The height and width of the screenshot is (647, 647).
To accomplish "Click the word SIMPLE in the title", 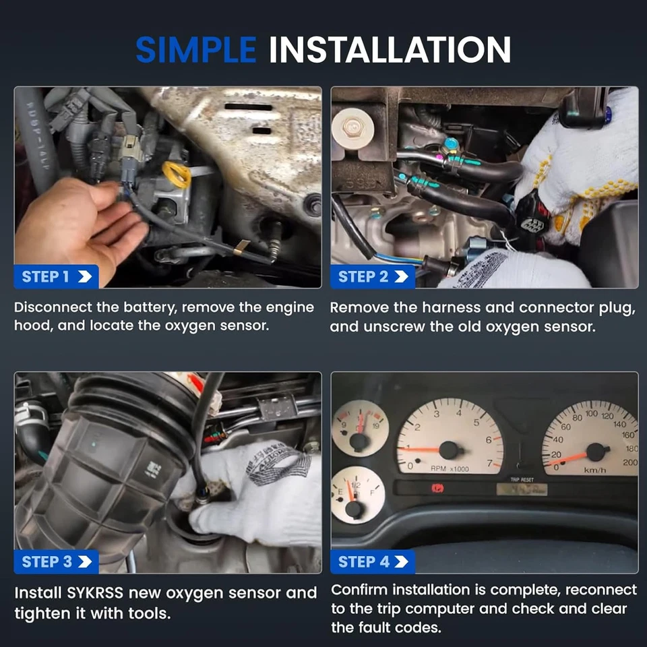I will (x=195, y=51).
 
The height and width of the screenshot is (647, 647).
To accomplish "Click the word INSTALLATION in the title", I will (x=390, y=51).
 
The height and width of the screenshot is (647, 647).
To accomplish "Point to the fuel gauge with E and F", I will (x=358, y=495).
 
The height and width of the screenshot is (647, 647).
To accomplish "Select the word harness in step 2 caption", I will (x=485, y=308).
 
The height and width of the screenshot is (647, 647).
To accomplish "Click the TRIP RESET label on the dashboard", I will (x=522, y=479).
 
